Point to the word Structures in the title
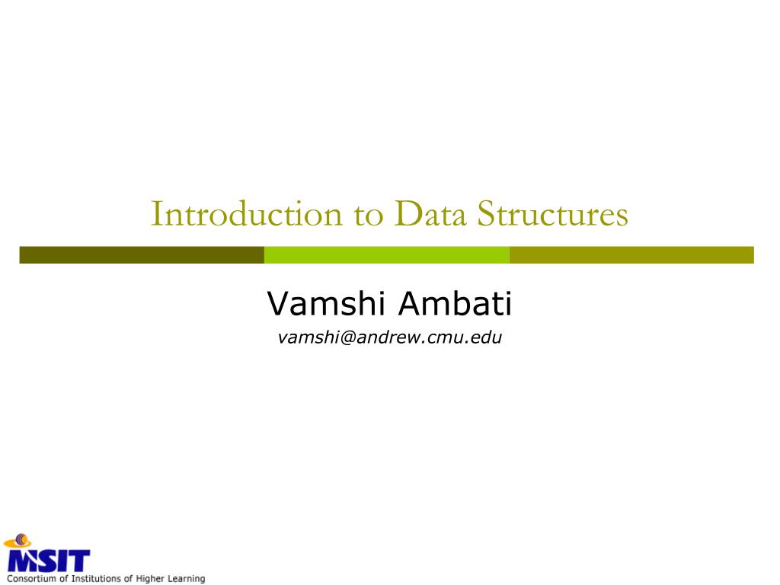(553, 214)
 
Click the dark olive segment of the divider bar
(142, 254)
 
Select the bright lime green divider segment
(386, 254)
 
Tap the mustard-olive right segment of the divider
(631, 254)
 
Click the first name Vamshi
(328, 305)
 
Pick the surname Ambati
(456, 305)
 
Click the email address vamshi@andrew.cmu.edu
(390, 337)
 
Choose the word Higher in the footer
(155, 579)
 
